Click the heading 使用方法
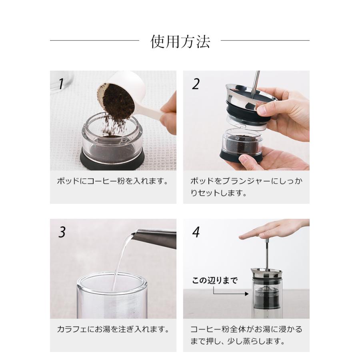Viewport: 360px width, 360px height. pyautogui.click(x=180, y=42)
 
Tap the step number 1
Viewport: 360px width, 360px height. pyautogui.click(x=60, y=84)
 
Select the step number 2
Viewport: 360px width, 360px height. pyautogui.click(x=196, y=84)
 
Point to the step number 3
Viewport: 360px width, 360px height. pyautogui.click(x=62, y=232)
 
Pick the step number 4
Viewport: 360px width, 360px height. pyautogui.click(x=196, y=232)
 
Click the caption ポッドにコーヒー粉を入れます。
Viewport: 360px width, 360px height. pyautogui.click(x=113, y=181)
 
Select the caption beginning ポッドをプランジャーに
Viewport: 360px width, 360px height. pyautogui.click(x=246, y=187)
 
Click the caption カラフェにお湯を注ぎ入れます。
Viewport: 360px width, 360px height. pyautogui.click(x=113, y=329)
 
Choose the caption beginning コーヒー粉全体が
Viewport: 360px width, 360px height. pyautogui.click(x=246, y=335)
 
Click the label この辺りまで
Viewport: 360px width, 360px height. pyautogui.click(x=215, y=280)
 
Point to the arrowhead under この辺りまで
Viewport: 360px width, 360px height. pyautogui.click(x=247, y=294)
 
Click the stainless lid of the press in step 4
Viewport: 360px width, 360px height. pyautogui.click(x=266, y=272)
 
